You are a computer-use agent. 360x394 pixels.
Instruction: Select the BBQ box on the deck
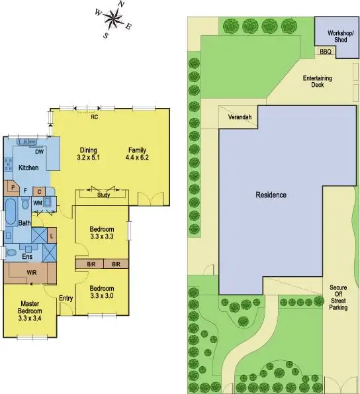[325, 52]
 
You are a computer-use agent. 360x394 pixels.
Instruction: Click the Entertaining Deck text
[317, 81]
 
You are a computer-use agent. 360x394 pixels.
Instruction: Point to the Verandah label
[240, 117]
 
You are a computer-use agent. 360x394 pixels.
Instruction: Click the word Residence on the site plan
[271, 195]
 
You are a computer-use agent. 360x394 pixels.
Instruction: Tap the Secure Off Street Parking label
[338, 298]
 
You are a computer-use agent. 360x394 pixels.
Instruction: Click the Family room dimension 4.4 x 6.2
[137, 158]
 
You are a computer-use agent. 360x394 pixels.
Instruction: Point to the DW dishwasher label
[40, 152]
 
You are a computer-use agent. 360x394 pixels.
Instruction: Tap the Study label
[103, 195]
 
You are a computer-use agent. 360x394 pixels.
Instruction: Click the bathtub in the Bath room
[12, 213]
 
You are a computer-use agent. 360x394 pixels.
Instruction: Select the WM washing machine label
[38, 202]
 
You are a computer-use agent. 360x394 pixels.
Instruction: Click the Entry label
[66, 298]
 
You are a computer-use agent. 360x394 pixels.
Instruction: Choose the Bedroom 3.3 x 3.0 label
[102, 292]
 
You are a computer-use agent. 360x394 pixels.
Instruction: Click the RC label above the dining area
[95, 117]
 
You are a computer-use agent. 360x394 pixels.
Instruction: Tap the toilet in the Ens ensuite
[11, 252]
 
